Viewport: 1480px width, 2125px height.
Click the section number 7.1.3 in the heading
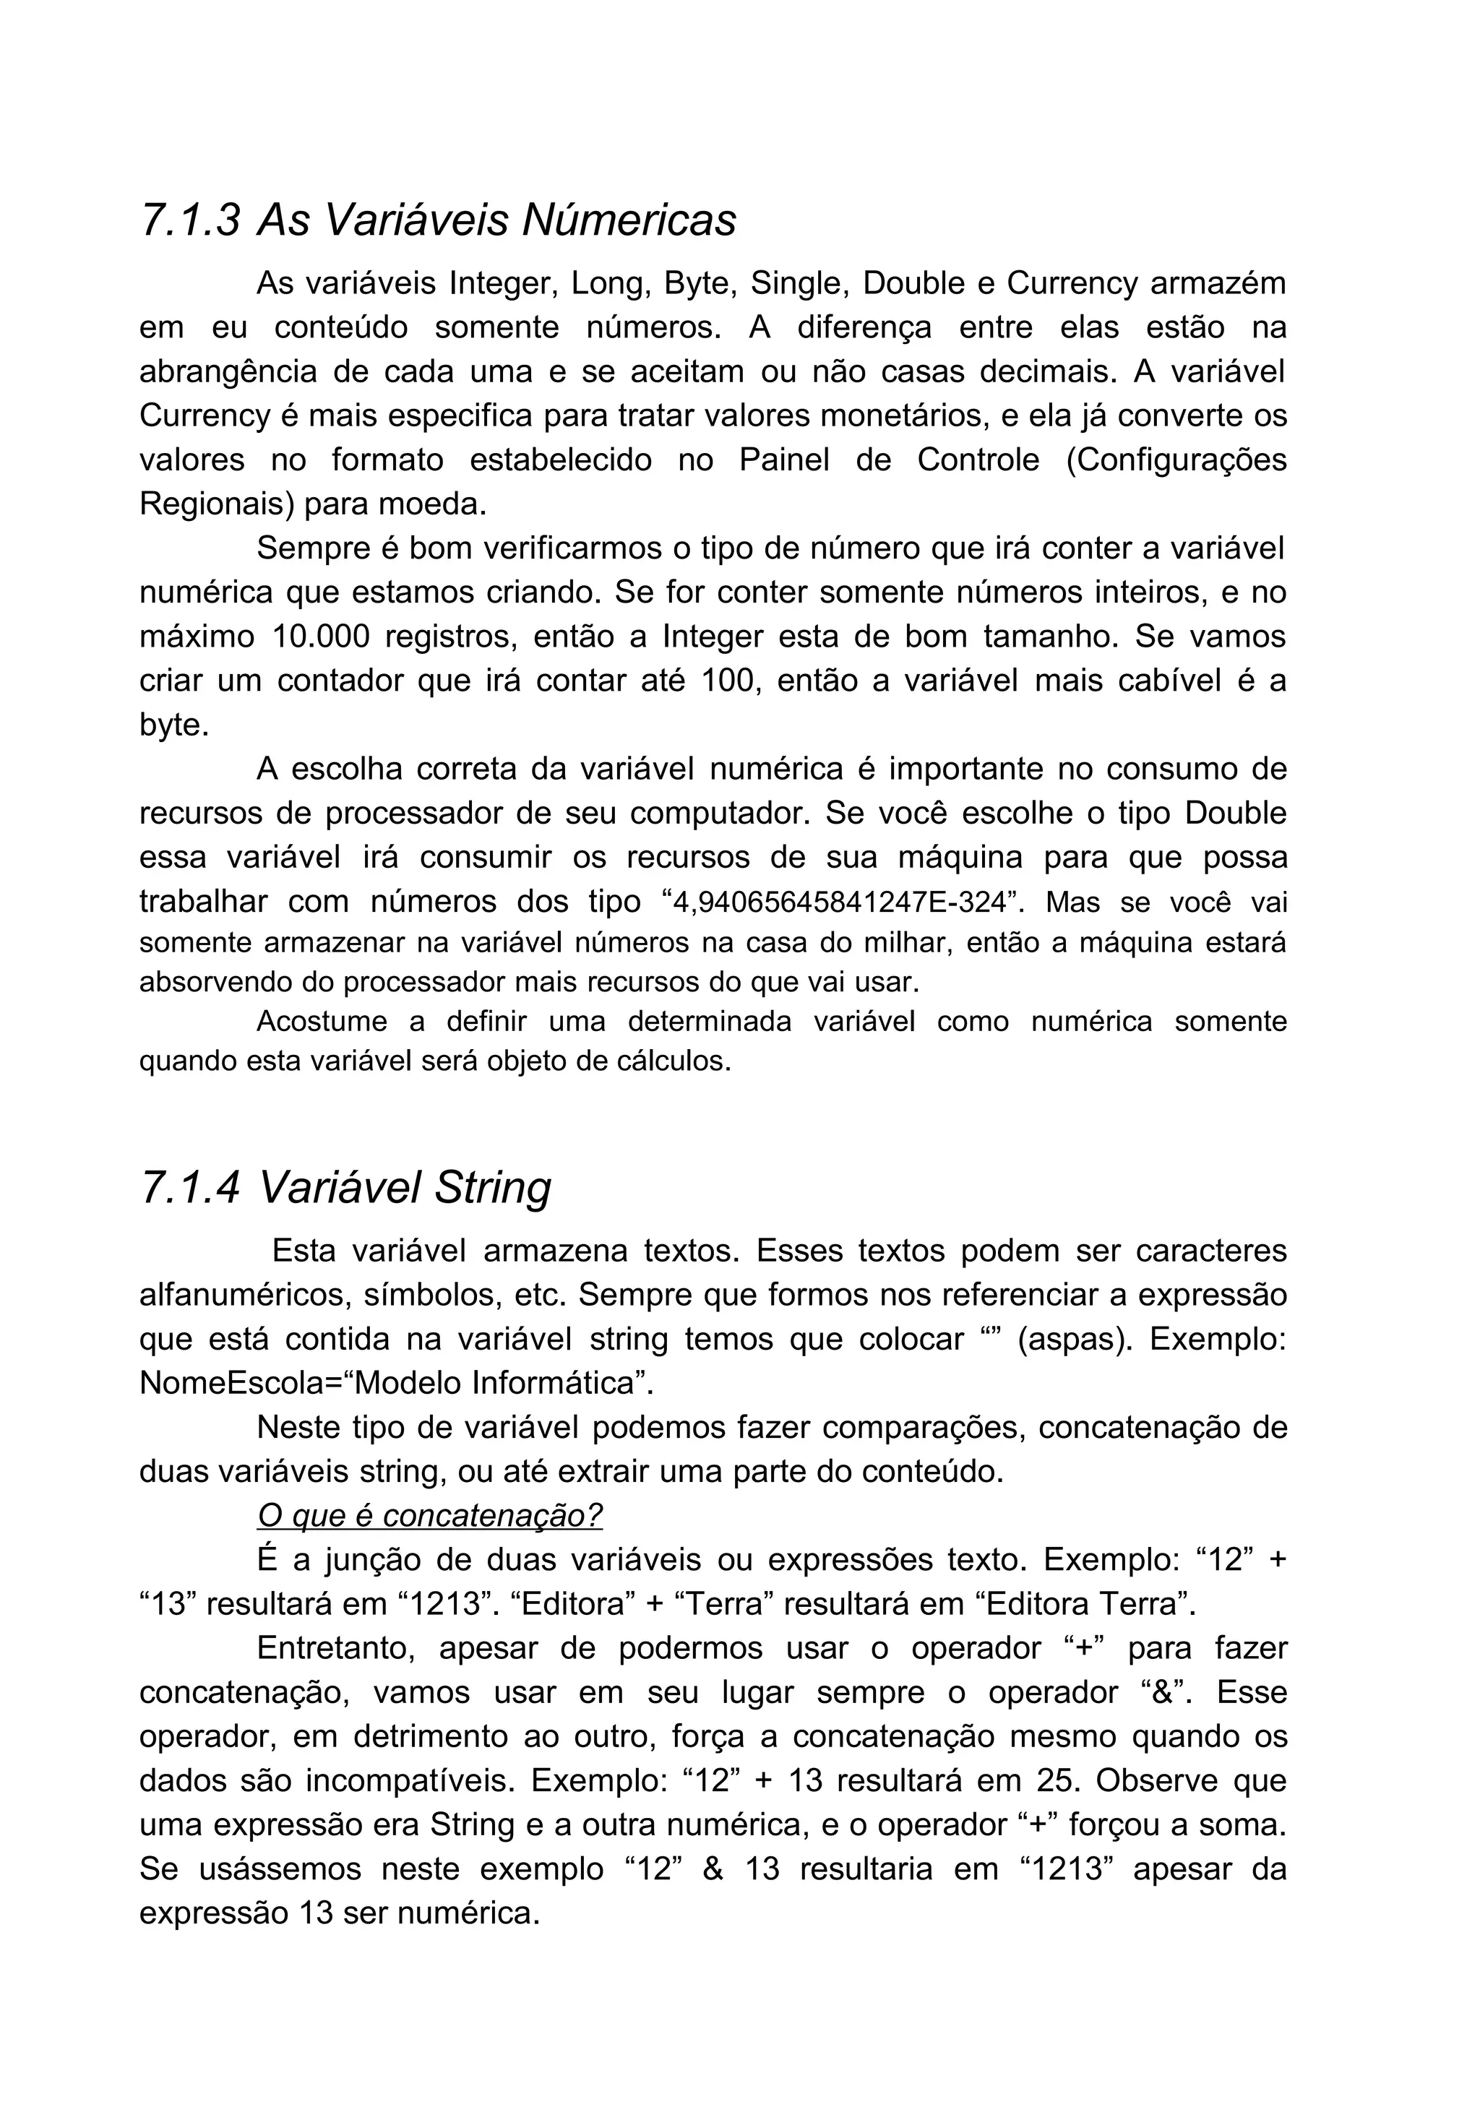pos(190,220)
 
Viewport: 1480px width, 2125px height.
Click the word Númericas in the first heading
pos(629,220)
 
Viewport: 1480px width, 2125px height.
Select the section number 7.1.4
pos(190,1187)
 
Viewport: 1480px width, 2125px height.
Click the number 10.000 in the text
pos(321,637)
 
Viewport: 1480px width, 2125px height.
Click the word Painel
pos(784,460)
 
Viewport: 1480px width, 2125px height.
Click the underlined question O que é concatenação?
pos(429,1515)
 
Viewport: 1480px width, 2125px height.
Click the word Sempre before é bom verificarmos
pos(312,549)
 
